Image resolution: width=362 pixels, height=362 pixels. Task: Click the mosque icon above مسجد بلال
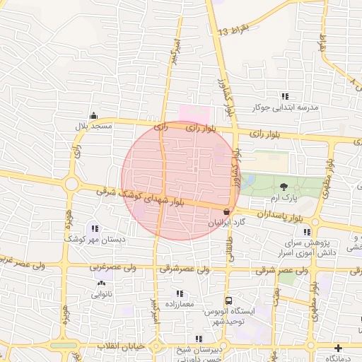click(93, 116)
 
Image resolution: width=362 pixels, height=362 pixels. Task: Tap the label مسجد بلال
click(95, 126)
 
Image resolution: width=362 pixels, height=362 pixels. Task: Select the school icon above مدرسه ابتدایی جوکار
click(285, 96)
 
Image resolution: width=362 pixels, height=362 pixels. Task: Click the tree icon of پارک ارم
click(284, 187)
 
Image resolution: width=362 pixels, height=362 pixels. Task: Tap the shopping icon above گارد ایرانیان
click(226, 211)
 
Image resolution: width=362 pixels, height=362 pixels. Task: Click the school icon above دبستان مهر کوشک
click(95, 228)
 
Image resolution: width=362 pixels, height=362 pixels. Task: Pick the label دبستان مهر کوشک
click(95, 240)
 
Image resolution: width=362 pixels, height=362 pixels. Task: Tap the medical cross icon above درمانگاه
click(339, 349)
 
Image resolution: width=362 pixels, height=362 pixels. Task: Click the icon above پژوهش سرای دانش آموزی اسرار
click(306, 231)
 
